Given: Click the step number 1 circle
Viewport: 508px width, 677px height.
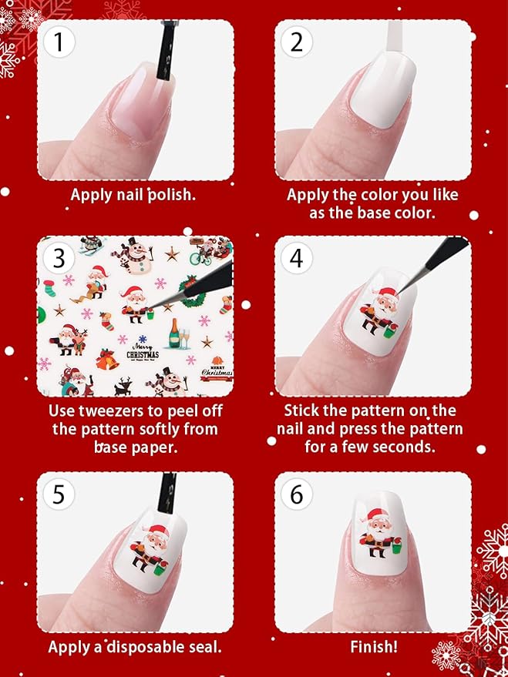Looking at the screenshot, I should [59, 43].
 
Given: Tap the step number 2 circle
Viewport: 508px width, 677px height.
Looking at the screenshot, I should [297, 43].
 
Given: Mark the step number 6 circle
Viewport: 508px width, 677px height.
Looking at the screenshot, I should [297, 494].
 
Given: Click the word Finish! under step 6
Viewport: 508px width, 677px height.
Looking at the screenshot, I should [373, 647].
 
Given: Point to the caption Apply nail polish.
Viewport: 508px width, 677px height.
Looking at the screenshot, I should [133, 194].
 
